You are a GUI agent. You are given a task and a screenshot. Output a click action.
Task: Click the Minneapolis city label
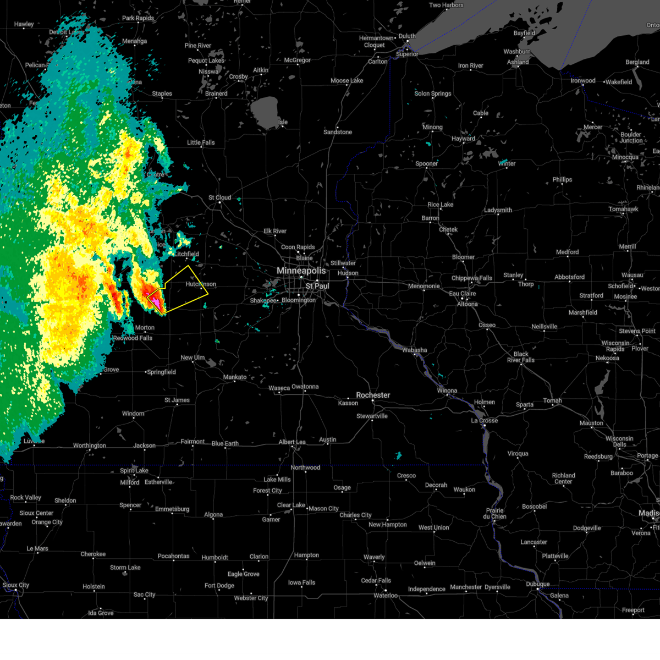pos(301,271)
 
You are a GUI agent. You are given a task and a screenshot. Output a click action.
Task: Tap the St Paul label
pos(317,286)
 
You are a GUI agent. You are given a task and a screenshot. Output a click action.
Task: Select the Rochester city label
pos(373,395)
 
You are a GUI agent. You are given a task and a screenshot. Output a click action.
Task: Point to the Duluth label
pos(407,36)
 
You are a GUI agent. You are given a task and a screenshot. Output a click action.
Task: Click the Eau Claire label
pos(462,294)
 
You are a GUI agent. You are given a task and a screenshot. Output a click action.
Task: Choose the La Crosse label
pos(485,421)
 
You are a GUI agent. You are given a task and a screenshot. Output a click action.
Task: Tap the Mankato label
pos(235,377)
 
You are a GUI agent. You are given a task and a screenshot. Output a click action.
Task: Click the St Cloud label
pos(219,197)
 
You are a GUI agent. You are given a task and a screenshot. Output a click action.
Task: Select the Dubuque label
pos(537,584)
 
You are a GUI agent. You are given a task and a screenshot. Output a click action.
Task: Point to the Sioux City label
pos(16,585)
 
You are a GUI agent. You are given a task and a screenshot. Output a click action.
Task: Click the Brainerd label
pos(216,94)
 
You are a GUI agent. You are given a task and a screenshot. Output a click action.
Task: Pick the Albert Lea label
pos(292,442)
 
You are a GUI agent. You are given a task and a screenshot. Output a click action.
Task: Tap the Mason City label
pos(323,509)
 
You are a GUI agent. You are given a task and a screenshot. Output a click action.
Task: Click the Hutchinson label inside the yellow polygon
pos(201,284)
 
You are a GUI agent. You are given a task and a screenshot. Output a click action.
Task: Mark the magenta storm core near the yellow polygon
pos(157,302)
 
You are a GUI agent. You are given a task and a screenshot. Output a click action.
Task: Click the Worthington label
pos(90,446)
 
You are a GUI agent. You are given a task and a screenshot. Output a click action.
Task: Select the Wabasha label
pos(414,350)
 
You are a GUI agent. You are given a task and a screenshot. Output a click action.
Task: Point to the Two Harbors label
pos(446,5)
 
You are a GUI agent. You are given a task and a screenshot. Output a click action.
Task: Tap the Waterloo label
pos(386,596)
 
